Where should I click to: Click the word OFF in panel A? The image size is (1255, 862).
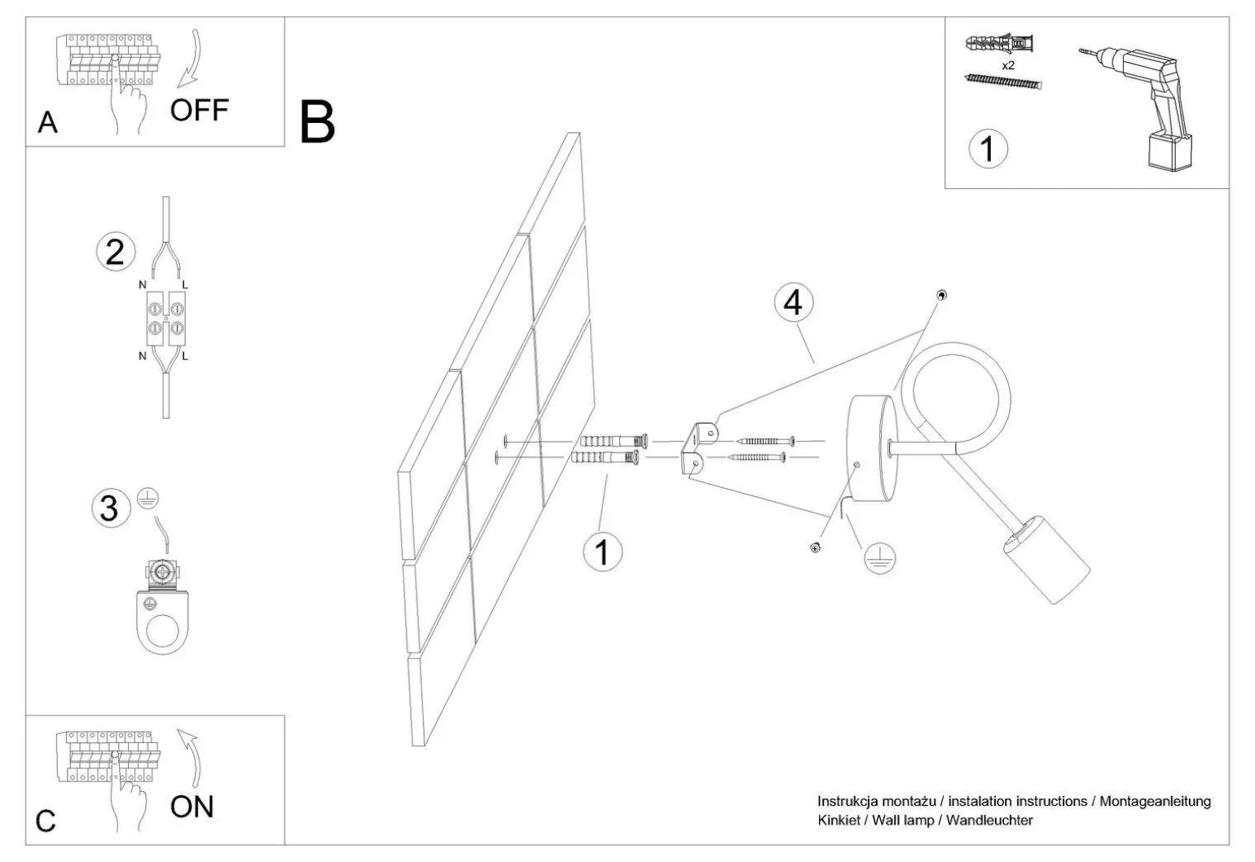coord(200,110)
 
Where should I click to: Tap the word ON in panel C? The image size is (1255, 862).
coord(192,807)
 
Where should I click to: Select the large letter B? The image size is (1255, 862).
coord(317,123)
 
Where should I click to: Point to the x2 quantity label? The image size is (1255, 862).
coord(1008,65)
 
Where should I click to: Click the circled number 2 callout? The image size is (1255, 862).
coord(115,252)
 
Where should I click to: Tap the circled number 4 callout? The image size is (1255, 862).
coord(792,303)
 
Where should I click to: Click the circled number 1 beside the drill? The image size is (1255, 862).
coord(988,149)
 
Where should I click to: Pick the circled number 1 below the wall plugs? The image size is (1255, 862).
coord(602,552)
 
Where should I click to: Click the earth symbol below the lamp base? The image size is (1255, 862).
coord(878,558)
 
